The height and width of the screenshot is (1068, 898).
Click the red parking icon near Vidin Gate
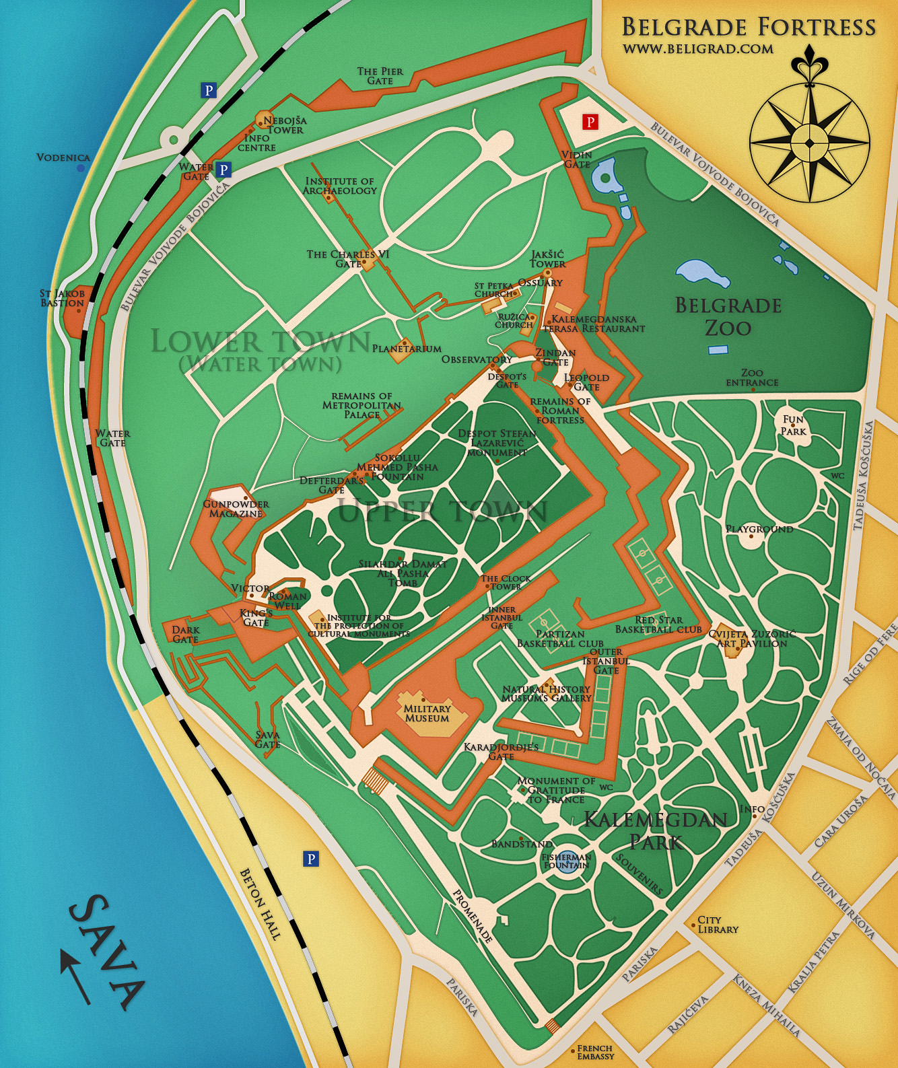(590, 122)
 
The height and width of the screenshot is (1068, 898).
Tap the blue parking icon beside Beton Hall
(310, 859)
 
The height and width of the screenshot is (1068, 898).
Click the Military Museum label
(427, 713)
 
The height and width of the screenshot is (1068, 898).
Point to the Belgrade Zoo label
(728, 316)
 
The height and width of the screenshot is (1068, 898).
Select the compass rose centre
(809, 143)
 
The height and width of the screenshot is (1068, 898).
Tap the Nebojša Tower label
(285, 125)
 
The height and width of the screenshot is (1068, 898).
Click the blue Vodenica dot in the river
(81, 168)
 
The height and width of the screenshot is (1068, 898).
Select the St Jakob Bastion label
(62, 298)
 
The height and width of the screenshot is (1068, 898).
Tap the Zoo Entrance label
(752, 378)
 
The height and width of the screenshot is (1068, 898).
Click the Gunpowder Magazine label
(236, 509)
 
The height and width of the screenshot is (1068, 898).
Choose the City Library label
(718, 925)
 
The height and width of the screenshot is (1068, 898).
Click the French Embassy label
(595, 1052)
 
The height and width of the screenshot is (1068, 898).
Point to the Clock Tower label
(506, 582)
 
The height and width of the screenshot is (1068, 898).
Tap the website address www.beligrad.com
(697, 48)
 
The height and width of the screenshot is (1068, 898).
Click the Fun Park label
(793, 425)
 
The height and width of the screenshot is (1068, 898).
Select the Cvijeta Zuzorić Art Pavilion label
(751, 639)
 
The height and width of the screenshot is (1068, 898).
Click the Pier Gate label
(380, 76)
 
